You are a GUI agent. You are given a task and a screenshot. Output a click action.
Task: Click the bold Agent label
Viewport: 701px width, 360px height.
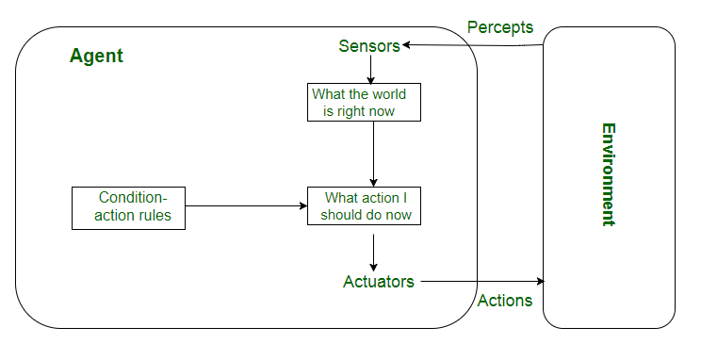click(x=96, y=56)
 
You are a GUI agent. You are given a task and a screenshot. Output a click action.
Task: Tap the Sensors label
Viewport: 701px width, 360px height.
click(x=369, y=45)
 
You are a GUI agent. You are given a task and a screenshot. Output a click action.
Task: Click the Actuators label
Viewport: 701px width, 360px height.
click(x=379, y=281)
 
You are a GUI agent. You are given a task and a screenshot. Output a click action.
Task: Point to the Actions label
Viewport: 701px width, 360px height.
click(x=505, y=301)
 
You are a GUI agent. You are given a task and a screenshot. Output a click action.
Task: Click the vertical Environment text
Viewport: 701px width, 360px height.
click(x=608, y=174)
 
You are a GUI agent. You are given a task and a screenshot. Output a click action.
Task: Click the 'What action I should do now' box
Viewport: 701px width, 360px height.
click(x=364, y=206)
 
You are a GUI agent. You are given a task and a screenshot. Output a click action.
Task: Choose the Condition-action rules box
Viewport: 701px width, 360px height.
click(x=128, y=207)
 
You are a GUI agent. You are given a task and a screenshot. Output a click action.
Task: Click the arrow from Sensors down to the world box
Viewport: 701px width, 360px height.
click(x=372, y=69)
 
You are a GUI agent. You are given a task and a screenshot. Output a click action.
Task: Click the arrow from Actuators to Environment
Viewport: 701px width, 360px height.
click(x=481, y=281)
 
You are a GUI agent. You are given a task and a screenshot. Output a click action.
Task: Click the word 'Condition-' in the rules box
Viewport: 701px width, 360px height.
click(x=132, y=198)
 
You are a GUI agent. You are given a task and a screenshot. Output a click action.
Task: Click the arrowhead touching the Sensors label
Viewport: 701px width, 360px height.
click(x=407, y=44)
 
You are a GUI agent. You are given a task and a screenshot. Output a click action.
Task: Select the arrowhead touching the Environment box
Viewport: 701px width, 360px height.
click(x=540, y=281)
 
